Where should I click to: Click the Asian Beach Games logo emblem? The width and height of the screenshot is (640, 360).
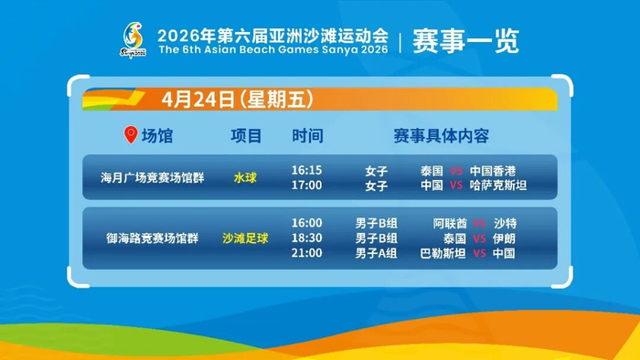[x=133, y=39]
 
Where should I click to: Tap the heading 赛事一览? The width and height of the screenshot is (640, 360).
[x=465, y=41]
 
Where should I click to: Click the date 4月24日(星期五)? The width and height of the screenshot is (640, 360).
[x=238, y=99]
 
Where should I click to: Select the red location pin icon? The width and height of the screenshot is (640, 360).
[x=131, y=134]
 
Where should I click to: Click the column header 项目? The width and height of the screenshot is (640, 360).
[x=246, y=136]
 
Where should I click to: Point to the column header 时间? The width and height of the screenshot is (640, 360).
[x=307, y=136]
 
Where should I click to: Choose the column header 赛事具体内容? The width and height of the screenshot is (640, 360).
[x=442, y=136]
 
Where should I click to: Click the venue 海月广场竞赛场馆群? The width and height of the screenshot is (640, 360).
[x=153, y=178]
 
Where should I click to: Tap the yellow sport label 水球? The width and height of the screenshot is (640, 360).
[x=245, y=178]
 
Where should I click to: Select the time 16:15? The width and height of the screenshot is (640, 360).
[x=306, y=170]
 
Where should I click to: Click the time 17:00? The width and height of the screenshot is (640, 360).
[x=306, y=185]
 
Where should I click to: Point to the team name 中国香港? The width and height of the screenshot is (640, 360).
[x=493, y=171]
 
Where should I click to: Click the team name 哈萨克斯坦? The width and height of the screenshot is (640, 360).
[x=498, y=185]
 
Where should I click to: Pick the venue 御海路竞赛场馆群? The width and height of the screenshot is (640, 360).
[x=153, y=238]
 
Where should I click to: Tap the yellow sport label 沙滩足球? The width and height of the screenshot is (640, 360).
[x=245, y=238]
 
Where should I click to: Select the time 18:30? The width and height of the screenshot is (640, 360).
[x=306, y=238]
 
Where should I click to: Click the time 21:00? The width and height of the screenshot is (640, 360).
[x=306, y=253]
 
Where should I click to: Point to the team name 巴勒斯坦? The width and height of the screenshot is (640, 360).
[x=443, y=253]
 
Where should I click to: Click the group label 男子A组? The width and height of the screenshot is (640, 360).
[x=376, y=253]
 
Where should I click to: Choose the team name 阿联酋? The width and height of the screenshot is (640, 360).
[x=450, y=223]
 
